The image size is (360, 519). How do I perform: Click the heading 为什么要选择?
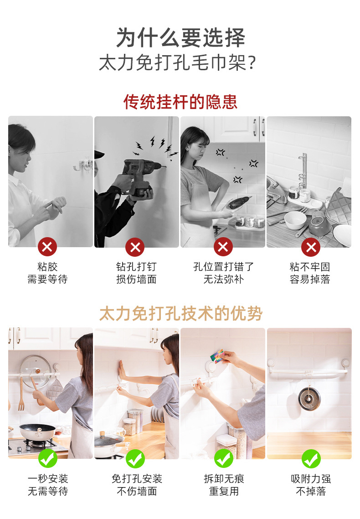pos(180,38)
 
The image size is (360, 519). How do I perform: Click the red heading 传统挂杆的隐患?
pos(180,101)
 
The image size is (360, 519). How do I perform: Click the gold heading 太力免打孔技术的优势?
pos(180,314)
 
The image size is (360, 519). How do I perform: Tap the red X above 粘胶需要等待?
pos(47,247)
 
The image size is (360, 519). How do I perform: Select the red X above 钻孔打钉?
pos(135,247)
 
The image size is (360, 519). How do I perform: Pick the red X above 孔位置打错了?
pos(223,247)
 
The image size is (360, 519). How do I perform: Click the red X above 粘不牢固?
pos(311,247)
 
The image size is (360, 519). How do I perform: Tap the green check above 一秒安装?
pos(47,458)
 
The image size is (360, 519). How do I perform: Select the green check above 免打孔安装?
pos(135,458)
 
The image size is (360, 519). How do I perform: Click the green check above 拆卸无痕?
pos(223,458)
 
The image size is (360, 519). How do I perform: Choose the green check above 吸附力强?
pos(311,458)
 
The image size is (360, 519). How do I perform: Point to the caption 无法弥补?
pos(223,279)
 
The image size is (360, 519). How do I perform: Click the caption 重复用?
pos(223,491)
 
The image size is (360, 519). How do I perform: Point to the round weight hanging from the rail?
pos(310,398)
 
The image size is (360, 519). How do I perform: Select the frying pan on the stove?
pos(36,431)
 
